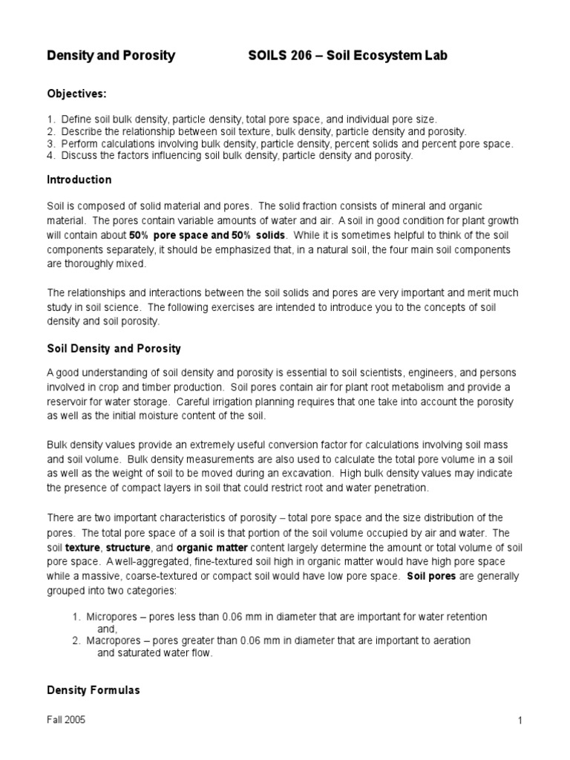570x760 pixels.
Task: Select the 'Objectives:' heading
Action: pyautogui.click(x=77, y=94)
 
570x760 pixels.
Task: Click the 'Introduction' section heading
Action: pyautogui.click(x=79, y=180)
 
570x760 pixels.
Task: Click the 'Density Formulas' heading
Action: pyautogui.click(x=93, y=690)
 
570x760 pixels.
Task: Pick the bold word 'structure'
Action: pyautogui.click(x=128, y=547)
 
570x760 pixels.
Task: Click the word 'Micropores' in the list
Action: pyautogui.click(x=112, y=617)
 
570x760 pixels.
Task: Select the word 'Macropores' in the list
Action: pyautogui.click(x=114, y=640)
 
